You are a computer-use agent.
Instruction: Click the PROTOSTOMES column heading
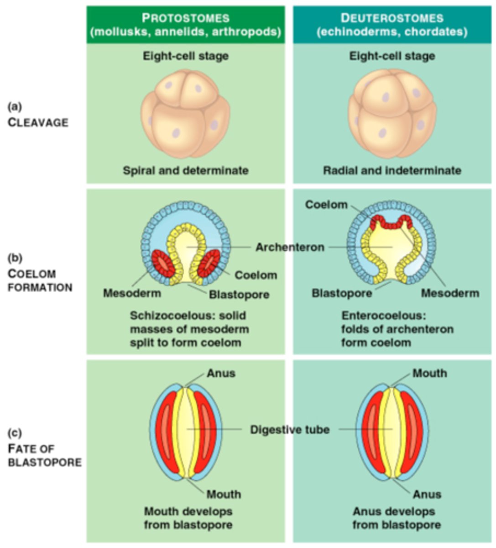point(185,18)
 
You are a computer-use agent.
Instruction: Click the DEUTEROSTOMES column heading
point(392,18)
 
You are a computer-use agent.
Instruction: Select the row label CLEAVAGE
point(38,122)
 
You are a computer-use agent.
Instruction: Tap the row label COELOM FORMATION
point(40,280)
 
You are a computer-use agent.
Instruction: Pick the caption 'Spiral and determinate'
point(185,170)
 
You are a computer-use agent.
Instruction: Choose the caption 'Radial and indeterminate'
point(392,170)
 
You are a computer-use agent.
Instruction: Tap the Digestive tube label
point(289,430)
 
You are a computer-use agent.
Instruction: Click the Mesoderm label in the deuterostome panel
point(449,293)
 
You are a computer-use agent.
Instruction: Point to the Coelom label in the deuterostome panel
point(326,205)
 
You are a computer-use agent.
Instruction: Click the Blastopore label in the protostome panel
point(239,295)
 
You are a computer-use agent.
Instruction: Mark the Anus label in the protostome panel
point(221,373)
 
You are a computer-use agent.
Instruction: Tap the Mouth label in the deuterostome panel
point(429,373)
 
